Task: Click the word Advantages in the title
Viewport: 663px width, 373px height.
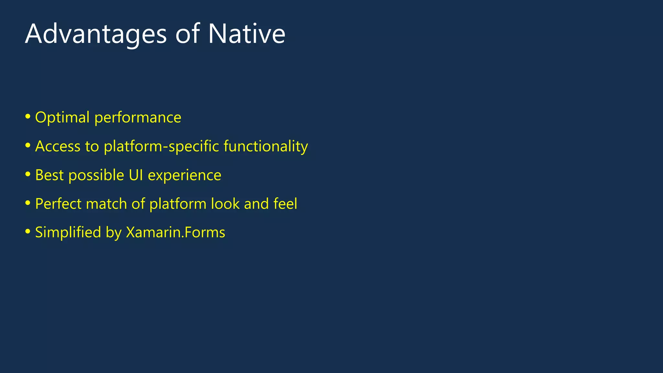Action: click(x=96, y=34)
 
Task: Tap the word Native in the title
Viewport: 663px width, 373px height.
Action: click(x=246, y=34)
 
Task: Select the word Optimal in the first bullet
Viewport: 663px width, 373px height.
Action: click(x=62, y=118)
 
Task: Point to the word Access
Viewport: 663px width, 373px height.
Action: click(x=58, y=146)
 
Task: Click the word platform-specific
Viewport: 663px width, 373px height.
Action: click(x=162, y=147)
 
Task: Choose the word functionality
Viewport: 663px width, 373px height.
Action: click(x=266, y=146)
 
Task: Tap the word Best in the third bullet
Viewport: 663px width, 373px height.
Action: click(x=49, y=175)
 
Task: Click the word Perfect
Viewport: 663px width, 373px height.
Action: click(x=58, y=204)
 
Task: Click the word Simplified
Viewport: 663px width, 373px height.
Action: click(x=68, y=232)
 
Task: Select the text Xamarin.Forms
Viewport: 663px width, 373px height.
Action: click(x=175, y=232)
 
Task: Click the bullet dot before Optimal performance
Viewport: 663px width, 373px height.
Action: click(x=28, y=116)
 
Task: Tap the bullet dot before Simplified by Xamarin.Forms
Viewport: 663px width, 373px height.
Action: click(x=28, y=232)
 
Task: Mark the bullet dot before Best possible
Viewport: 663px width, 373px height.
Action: click(x=28, y=174)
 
